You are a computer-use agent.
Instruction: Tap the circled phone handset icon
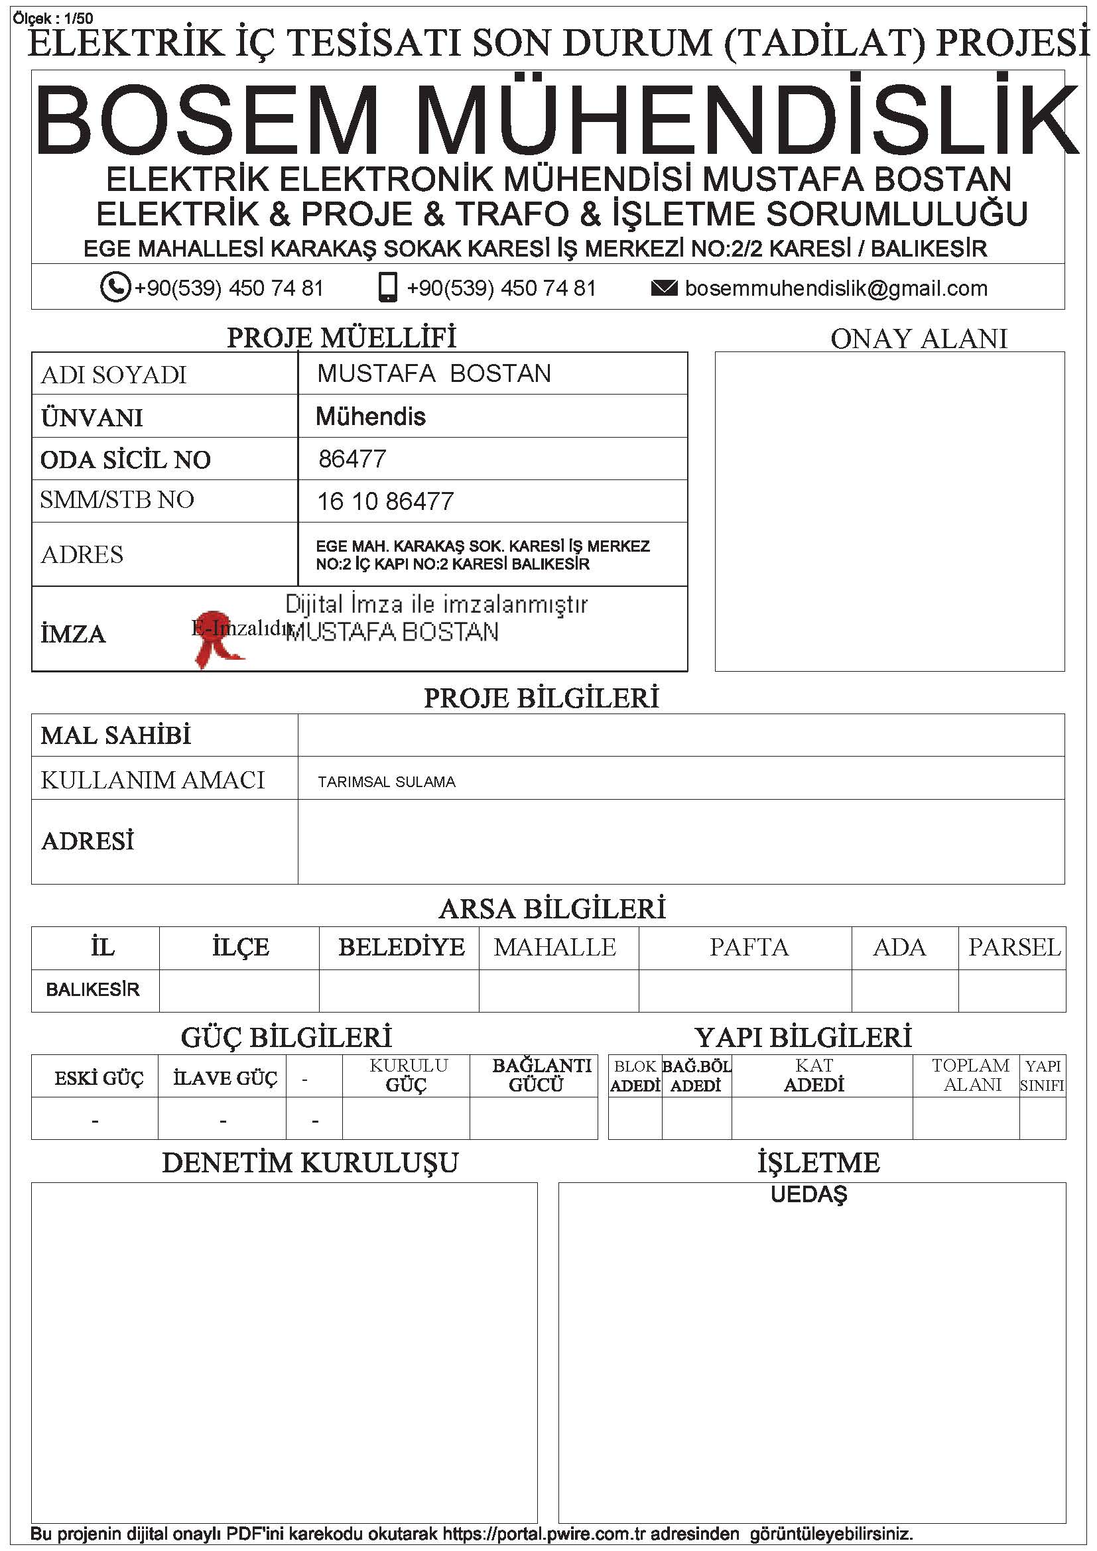coord(115,286)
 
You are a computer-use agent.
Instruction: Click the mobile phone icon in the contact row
coord(388,286)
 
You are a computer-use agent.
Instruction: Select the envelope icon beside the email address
coord(663,288)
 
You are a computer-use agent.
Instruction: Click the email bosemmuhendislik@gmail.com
coord(836,288)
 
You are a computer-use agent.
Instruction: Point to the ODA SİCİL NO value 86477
coord(352,460)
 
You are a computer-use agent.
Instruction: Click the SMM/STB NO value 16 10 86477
coord(385,501)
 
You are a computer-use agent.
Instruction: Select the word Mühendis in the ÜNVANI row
coord(370,417)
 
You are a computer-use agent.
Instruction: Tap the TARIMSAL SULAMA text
coord(387,782)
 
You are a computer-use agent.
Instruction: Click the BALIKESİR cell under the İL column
coord(93,989)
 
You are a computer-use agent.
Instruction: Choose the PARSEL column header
coord(1014,947)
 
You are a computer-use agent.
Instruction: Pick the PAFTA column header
coord(748,947)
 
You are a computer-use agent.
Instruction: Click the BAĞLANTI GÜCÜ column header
coord(541,1075)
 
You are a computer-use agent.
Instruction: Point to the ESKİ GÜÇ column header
coord(99,1078)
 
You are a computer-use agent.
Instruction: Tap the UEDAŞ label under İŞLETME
coord(808,1194)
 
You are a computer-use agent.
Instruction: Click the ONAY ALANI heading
coord(918,339)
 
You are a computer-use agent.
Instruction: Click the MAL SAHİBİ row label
coord(115,735)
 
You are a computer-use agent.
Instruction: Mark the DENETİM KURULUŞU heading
coord(310,1162)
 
